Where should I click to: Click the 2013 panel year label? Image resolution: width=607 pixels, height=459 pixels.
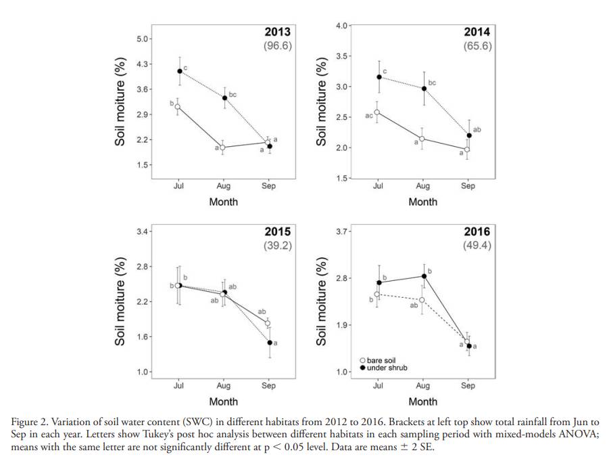pos(277,32)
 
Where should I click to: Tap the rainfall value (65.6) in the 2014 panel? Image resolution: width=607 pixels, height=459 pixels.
pos(477,47)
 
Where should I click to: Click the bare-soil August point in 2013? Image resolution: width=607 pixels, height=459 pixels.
pos(222,147)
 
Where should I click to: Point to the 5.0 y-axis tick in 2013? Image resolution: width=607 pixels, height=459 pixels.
pos(143,39)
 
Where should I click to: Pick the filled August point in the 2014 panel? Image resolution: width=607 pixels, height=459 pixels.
pos(424,89)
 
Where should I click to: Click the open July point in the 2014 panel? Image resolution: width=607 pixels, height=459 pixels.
pos(377,112)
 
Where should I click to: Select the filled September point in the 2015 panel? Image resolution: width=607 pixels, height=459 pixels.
pos(269,343)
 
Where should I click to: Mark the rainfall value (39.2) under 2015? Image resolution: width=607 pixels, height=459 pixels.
pos(277,246)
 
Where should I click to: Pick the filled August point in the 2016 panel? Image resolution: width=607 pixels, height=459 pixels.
pos(424,276)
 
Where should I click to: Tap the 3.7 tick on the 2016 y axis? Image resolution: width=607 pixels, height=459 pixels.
pos(343,232)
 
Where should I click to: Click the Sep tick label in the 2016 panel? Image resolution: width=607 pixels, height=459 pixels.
pos(468,386)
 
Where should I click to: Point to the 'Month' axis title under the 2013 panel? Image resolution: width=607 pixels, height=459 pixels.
pos(223,202)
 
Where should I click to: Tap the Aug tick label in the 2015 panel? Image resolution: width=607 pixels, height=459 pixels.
pos(223,386)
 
